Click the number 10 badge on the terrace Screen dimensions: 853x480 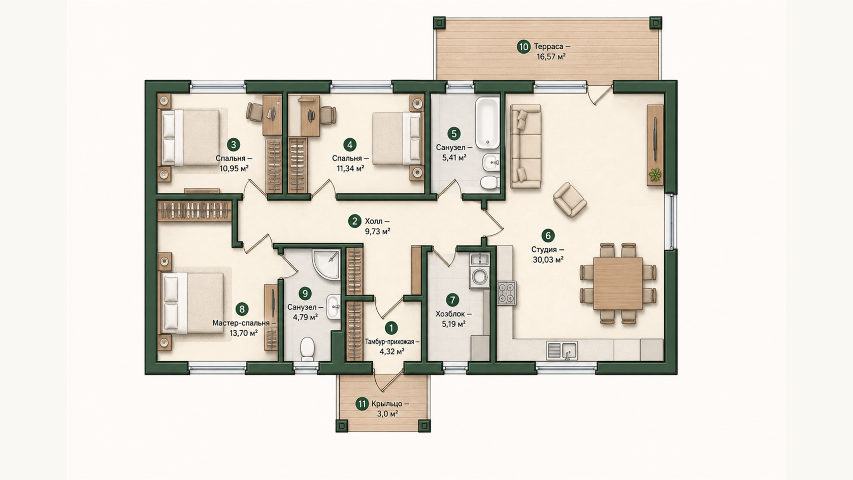523,47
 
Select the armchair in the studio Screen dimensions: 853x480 570,200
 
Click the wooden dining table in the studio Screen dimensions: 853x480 617,283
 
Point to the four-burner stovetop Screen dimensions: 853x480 507,293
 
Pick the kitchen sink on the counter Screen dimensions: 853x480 562,350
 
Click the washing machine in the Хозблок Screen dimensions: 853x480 479,277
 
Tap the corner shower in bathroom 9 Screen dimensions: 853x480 326,264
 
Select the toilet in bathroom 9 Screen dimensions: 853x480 307,349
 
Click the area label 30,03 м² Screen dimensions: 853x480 548,260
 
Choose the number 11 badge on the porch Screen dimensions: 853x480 362,404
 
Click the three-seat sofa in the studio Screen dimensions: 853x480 526,147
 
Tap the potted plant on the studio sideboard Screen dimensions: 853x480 655,175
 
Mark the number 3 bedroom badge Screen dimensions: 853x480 234,145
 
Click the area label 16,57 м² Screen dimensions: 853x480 551,57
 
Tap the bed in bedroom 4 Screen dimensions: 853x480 397,138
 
